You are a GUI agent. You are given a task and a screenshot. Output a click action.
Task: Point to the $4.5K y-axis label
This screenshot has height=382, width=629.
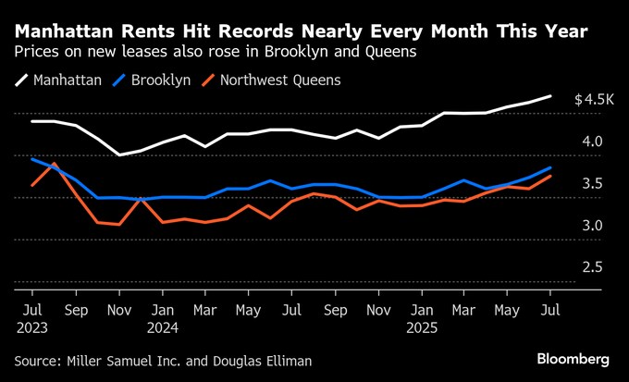click(594, 99)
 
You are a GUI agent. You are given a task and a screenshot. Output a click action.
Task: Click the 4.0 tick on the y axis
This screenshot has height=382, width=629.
click(592, 142)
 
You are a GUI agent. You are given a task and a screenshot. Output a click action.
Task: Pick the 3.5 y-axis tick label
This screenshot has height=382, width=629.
click(592, 184)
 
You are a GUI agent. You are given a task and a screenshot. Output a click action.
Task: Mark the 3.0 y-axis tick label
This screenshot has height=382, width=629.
click(592, 226)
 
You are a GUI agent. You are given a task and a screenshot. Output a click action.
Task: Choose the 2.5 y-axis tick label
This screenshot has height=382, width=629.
click(592, 267)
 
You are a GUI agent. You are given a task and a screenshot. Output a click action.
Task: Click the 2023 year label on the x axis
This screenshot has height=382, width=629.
click(32, 326)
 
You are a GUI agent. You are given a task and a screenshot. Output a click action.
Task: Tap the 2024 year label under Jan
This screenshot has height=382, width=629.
click(164, 326)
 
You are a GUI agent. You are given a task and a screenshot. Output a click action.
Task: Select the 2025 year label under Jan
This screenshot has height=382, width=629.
click(424, 326)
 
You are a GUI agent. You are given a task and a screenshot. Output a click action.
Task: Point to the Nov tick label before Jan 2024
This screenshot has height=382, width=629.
click(119, 310)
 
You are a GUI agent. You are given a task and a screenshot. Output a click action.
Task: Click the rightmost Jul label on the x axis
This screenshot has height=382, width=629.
click(551, 310)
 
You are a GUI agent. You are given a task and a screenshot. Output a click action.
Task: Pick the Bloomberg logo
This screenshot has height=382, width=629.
click(573, 358)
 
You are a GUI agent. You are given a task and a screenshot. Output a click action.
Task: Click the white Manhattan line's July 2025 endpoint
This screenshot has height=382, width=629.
click(551, 96)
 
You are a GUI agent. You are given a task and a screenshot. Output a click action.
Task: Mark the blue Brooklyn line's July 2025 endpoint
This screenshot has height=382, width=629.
click(551, 168)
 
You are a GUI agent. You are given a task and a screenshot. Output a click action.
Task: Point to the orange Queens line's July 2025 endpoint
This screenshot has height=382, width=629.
click(551, 176)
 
